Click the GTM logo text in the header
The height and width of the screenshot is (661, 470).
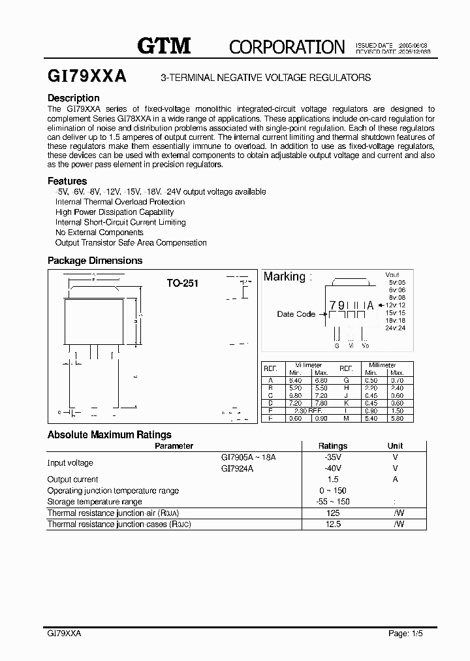(x=163, y=45)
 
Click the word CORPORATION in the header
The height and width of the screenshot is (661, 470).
(x=287, y=46)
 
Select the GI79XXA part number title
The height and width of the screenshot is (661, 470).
(x=87, y=76)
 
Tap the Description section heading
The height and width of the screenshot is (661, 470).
(x=74, y=98)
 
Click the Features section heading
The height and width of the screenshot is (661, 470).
(x=67, y=181)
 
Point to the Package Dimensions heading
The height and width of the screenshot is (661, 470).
(x=95, y=261)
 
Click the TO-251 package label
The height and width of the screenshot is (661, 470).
(x=182, y=283)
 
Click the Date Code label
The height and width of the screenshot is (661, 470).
(x=296, y=314)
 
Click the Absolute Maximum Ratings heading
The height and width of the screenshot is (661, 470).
(x=110, y=434)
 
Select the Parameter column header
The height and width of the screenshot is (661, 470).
(x=174, y=446)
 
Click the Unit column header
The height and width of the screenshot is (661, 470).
(x=395, y=446)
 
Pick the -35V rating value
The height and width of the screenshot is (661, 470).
(x=332, y=457)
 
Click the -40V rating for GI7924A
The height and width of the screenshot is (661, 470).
(x=332, y=468)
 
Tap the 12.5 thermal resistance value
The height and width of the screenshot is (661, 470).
(x=332, y=524)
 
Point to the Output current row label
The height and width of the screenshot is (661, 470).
(x=72, y=479)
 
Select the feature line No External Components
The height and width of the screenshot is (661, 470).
(x=99, y=233)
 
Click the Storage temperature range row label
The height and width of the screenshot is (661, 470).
(x=95, y=502)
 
